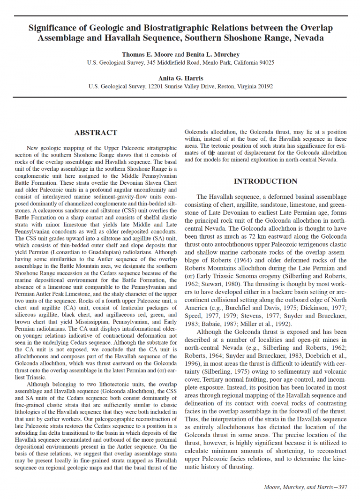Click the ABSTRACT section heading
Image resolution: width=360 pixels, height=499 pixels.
point(96,133)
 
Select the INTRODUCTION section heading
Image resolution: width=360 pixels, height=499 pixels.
point(265,181)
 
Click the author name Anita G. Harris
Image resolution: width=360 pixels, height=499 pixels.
point(180,78)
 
